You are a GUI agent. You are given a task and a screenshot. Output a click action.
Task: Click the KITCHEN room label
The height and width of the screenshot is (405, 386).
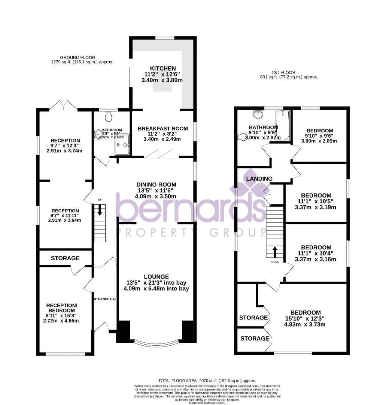pos(162,68)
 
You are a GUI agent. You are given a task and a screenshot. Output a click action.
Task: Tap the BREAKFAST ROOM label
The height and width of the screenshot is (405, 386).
pos(162,128)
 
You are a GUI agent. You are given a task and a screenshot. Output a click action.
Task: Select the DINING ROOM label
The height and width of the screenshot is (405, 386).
pos(156,184)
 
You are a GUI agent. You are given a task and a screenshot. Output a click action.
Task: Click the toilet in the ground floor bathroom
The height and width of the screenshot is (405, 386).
pos(109,117)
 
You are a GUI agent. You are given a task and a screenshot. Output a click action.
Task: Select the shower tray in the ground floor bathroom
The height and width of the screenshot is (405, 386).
pos(122,145)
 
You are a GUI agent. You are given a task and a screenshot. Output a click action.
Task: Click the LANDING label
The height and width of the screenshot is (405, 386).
pos(259,178)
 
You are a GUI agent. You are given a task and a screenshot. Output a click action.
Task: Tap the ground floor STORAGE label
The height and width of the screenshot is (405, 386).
pos(65,258)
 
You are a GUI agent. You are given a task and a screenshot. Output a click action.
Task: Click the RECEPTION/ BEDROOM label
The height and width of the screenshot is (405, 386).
pos(62,308)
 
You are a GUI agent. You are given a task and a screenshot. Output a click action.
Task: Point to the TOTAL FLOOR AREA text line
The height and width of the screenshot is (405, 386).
pos(207,380)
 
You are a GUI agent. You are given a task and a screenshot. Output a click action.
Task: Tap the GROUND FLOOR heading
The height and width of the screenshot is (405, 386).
pos(74,57)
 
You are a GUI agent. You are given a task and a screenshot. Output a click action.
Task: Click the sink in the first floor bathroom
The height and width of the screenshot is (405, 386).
pos(257,113)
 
